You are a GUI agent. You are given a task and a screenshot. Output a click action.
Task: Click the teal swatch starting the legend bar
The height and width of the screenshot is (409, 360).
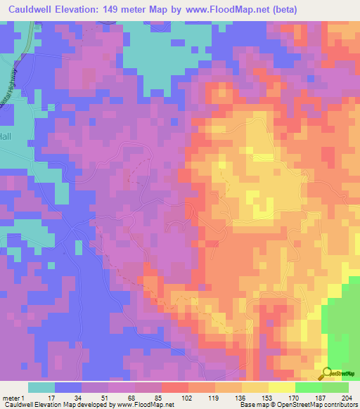(41, 387)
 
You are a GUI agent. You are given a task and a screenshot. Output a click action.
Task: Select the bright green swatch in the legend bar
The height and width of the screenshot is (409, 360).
(309, 387)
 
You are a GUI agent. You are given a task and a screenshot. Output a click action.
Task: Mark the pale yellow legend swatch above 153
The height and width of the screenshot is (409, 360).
(255, 387)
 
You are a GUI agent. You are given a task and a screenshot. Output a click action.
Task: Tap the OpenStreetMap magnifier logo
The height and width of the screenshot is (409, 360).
(327, 373)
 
